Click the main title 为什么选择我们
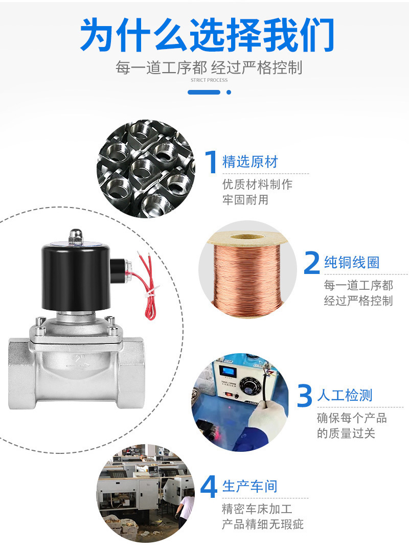click(207, 34)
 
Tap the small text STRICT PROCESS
click(209, 80)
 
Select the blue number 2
click(312, 262)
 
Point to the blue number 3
click(304, 395)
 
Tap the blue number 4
click(209, 487)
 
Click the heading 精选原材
click(250, 162)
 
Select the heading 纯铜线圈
click(352, 263)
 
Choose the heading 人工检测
click(345, 395)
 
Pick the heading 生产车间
click(250, 487)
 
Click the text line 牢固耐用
click(245, 199)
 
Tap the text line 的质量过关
click(346, 433)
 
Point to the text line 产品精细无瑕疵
click(262, 524)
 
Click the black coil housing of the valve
click(76, 278)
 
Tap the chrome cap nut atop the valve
click(76, 237)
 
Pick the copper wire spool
click(248, 270)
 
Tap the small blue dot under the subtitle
click(229, 92)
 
